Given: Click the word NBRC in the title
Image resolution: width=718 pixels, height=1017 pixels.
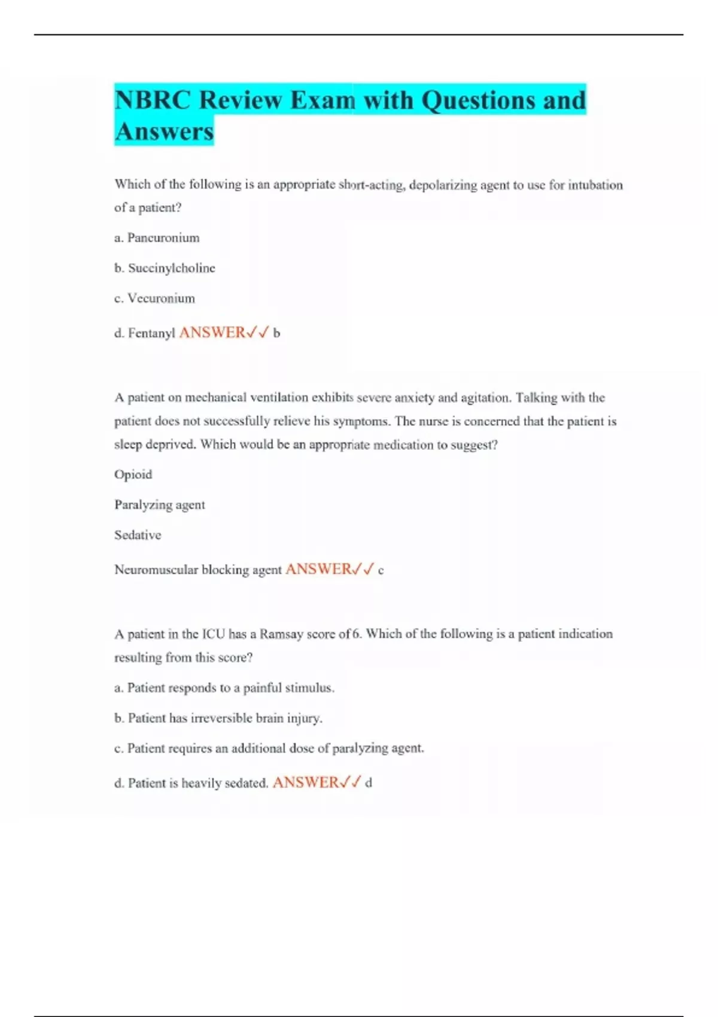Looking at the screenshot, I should pyautogui.click(x=153, y=100).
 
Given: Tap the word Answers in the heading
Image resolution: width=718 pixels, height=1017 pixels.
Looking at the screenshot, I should pyautogui.click(x=164, y=132).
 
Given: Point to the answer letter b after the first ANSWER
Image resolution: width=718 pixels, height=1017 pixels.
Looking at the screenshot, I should pyautogui.click(x=276, y=333).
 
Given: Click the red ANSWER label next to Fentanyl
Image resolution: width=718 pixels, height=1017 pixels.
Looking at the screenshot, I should pyautogui.click(x=212, y=332).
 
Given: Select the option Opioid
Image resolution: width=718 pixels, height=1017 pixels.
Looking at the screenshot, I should pyautogui.click(x=133, y=474).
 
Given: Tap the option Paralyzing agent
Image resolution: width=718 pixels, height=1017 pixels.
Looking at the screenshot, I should pyautogui.click(x=160, y=505).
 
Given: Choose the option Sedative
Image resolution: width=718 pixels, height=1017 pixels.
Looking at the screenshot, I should pyautogui.click(x=138, y=535).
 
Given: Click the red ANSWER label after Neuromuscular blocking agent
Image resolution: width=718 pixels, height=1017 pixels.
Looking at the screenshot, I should pyautogui.click(x=318, y=569).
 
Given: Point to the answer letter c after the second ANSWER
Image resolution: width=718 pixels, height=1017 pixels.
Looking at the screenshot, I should pyautogui.click(x=381, y=571).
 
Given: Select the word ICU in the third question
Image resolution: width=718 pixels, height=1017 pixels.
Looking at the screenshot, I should pyautogui.click(x=213, y=634).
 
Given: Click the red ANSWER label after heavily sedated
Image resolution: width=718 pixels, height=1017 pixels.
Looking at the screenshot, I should pyautogui.click(x=305, y=782).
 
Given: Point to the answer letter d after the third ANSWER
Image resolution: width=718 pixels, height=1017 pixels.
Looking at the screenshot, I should pyautogui.click(x=369, y=783).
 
